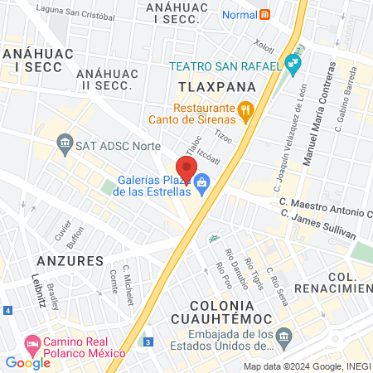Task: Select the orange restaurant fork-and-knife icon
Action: coord(245,109)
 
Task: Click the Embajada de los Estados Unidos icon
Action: coord(283,336)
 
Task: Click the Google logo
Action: coord(27,362)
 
